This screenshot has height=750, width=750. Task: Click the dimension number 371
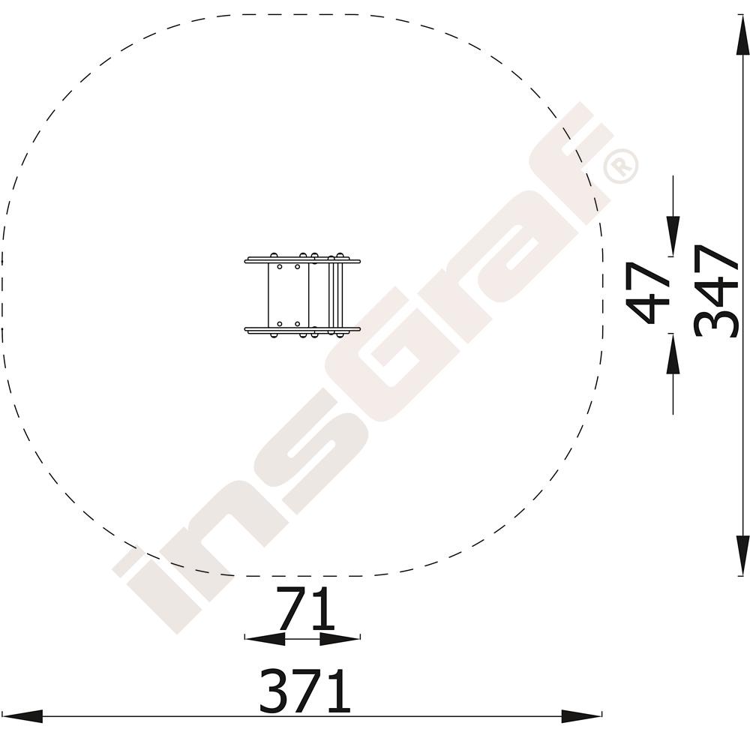(304, 690)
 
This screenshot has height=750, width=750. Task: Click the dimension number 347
(716, 292)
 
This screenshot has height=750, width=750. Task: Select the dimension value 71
(305, 607)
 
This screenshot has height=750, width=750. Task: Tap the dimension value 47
(647, 292)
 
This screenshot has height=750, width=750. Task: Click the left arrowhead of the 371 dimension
(22, 716)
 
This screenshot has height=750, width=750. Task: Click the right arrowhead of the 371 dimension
(581, 716)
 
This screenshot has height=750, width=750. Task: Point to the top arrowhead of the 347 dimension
(742, 34)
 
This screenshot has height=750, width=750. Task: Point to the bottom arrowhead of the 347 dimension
(742, 555)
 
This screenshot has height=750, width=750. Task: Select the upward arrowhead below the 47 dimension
(673, 353)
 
